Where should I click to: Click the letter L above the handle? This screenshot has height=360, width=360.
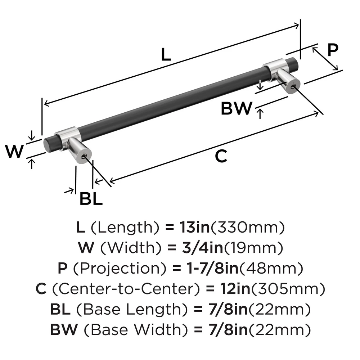coord(165,54)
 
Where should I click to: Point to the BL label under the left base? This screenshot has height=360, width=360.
coord(91,198)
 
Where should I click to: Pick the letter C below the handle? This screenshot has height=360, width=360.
coord(221,157)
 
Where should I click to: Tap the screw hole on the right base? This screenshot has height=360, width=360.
coord(294,86)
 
